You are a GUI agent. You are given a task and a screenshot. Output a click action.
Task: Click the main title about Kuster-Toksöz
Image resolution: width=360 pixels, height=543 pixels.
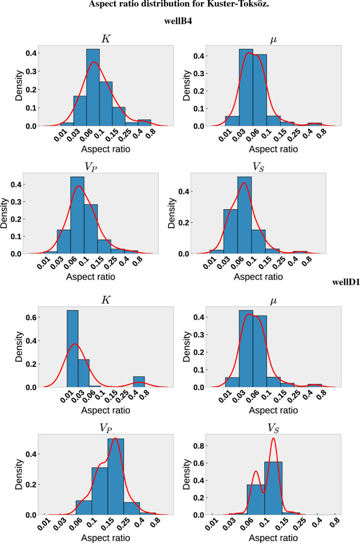click(180, 5)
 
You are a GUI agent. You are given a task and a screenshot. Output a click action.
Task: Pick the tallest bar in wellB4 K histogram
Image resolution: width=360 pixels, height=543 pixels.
click(93, 87)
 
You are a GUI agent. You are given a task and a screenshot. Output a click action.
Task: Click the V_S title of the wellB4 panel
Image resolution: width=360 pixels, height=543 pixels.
click(258, 167)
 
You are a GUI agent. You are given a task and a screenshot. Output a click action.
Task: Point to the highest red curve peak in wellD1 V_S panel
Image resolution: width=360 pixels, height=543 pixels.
click(273, 438)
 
